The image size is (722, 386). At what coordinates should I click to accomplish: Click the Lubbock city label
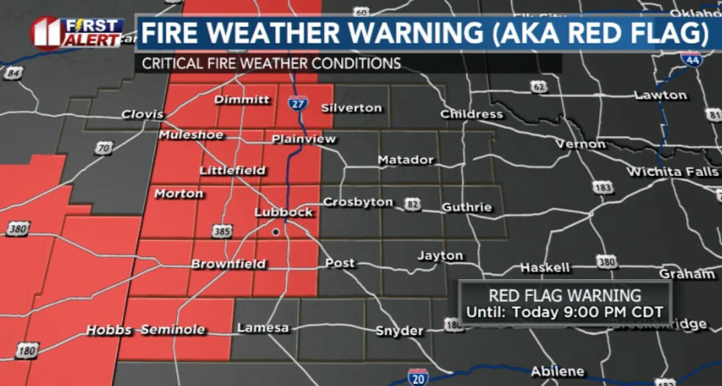pos(284,212)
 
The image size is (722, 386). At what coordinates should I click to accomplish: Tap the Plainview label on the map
pos(304,139)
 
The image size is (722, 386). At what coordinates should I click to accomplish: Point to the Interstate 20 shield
pos(418,376)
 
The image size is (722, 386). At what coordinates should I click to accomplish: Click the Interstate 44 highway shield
pos(691,60)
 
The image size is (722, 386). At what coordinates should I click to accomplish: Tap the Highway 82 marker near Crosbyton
pos(412,203)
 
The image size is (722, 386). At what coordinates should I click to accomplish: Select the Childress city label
pos(472,114)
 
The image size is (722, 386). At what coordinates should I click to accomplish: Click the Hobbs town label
pos(108,329)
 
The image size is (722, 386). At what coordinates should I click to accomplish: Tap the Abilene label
pos(558,371)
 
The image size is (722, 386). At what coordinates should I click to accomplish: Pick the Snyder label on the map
pos(399,331)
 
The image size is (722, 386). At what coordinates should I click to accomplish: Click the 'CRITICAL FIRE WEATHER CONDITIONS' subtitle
pos(271,63)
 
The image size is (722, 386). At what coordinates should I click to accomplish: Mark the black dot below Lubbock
pos(276,231)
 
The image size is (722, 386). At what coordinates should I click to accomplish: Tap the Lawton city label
pos(660,95)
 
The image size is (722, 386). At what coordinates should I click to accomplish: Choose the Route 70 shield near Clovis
pos(104,148)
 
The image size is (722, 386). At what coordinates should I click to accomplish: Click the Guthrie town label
pos(466,208)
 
